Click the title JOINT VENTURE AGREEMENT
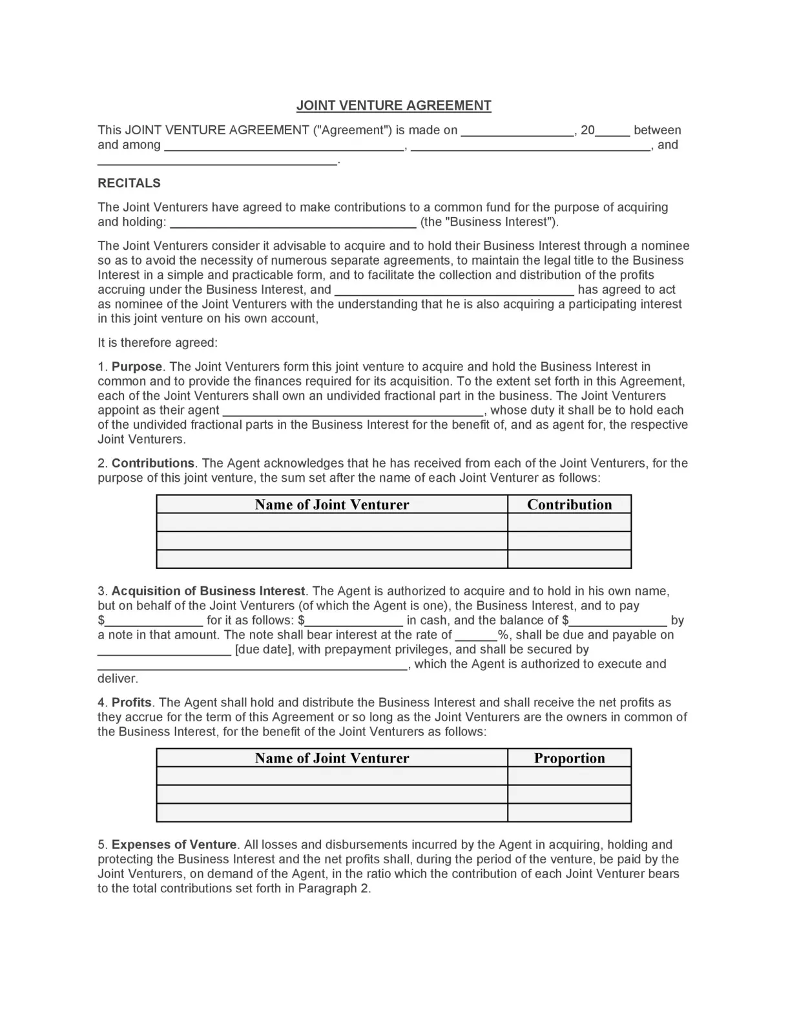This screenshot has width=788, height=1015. pyautogui.click(x=393, y=105)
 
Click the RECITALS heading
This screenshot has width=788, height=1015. pyautogui.click(x=129, y=183)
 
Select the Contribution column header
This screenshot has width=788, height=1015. pyautogui.click(x=569, y=504)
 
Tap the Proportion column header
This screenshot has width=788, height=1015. pyautogui.click(x=569, y=758)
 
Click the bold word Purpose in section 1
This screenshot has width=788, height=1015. pyautogui.click(x=136, y=367)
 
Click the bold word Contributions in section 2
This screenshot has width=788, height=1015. pyautogui.click(x=152, y=463)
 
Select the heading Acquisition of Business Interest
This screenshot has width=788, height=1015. pyautogui.click(x=208, y=591)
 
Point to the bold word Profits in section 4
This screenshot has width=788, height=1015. pyautogui.click(x=131, y=702)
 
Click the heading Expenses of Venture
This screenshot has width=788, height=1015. pyautogui.click(x=174, y=845)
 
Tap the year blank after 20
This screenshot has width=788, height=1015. pyautogui.click(x=612, y=131)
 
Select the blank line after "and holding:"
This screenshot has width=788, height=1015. pyautogui.click(x=293, y=223)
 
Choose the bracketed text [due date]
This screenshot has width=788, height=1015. pyautogui.click(x=263, y=650)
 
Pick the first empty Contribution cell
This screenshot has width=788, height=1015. pyautogui.click(x=569, y=522)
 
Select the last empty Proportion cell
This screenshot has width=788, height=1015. pyautogui.click(x=569, y=812)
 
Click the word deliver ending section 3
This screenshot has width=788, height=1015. pyautogui.click(x=117, y=679)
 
